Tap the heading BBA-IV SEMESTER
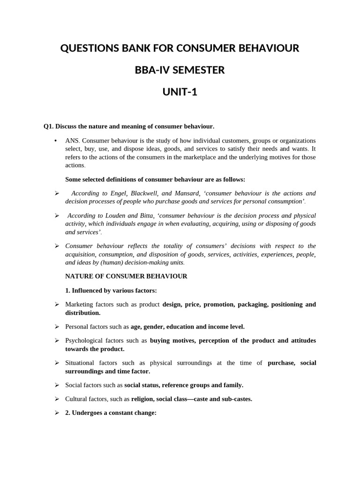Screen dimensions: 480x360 pyautogui.click(x=180, y=70)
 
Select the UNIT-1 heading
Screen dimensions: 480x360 pyautogui.click(x=180, y=92)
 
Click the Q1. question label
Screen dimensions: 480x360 pyautogui.click(x=49, y=126)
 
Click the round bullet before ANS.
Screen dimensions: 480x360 pyautogui.click(x=56, y=141)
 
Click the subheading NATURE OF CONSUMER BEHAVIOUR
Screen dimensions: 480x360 pyautogui.click(x=126, y=276)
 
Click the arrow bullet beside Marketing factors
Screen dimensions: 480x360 pyautogui.click(x=57, y=305)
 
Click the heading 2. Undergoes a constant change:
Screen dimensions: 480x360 pyautogui.click(x=111, y=413)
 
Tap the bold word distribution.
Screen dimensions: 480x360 pyautogui.click(x=82, y=313)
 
